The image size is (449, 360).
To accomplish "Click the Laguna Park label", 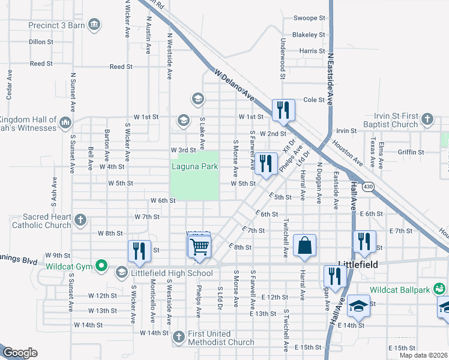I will [194, 166].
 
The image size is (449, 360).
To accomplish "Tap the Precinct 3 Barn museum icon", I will [94, 25].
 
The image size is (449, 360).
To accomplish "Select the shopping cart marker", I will [199, 246].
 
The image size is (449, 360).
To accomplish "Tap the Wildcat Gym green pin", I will [101, 265].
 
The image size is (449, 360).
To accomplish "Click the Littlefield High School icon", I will [121, 274].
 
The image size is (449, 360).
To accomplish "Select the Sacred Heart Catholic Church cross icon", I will [81, 221].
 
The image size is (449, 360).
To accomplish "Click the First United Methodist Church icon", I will [178, 337].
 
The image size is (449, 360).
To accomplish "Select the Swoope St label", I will [309, 19].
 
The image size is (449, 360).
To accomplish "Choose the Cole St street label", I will [313, 100].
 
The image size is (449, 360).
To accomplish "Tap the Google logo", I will [20, 353].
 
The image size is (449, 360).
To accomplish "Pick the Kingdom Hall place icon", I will [65, 124].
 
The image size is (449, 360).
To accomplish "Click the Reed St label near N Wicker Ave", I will [121, 67].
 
